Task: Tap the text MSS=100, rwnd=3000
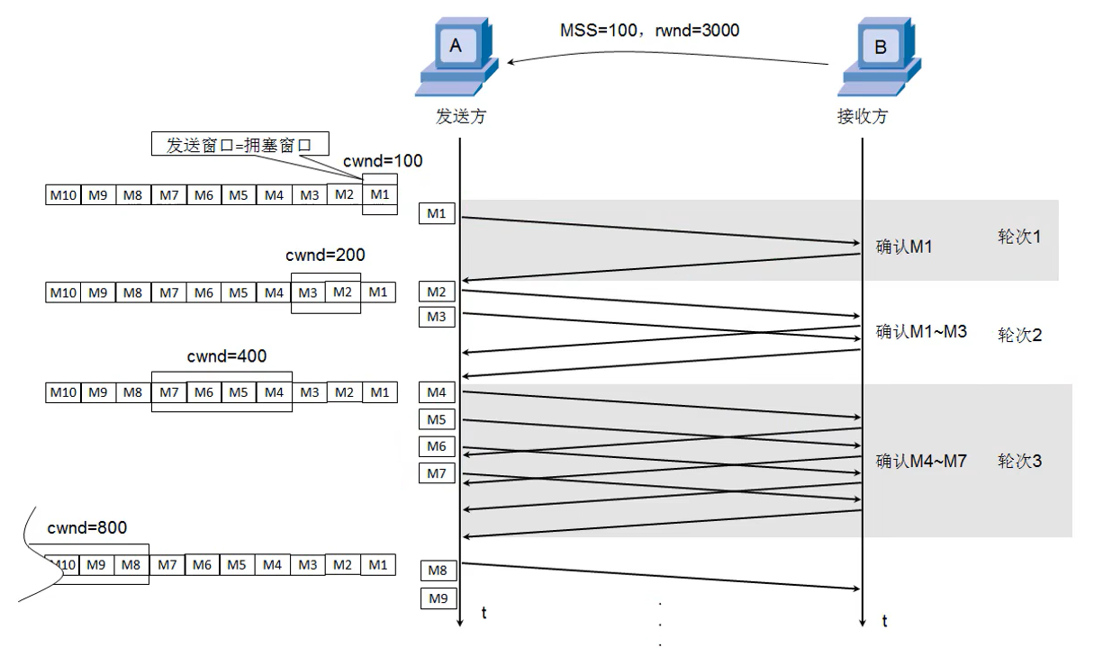pyautogui.click(x=649, y=31)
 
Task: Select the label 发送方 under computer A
pyautogui.click(x=460, y=117)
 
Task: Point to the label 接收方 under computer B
pyautogui.click(x=862, y=117)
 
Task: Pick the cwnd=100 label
pyautogui.click(x=383, y=162)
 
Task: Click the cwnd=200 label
pyautogui.click(x=325, y=256)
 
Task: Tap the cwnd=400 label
pyautogui.click(x=227, y=356)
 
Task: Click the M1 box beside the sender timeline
pyautogui.click(x=437, y=213)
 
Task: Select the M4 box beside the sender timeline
pyautogui.click(x=437, y=392)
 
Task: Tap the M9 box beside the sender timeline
pyautogui.click(x=439, y=598)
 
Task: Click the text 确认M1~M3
pyautogui.click(x=921, y=331)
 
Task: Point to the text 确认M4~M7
pyautogui.click(x=921, y=462)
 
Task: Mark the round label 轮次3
pyautogui.click(x=1019, y=462)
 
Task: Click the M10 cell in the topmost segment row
pyautogui.click(x=63, y=194)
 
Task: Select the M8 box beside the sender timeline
pyautogui.click(x=439, y=571)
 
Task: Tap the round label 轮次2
pyautogui.click(x=1019, y=336)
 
